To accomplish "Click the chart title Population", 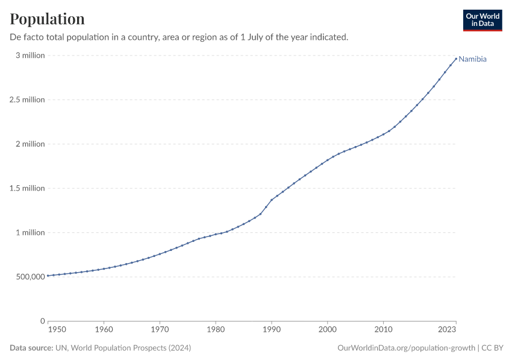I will [x=47, y=19].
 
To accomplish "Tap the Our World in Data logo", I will [x=482, y=20].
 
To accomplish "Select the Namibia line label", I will [x=472, y=59].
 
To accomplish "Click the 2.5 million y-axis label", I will [x=27, y=100].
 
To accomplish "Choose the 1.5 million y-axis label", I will [x=27, y=188].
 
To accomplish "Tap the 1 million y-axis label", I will [x=30, y=232].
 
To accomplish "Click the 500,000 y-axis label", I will [x=28, y=277].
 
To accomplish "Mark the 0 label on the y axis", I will [x=43, y=321].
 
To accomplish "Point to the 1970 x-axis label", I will [x=160, y=329].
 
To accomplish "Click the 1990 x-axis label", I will [x=272, y=329].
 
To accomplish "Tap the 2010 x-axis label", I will [x=383, y=329].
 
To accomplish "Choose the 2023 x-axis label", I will [x=448, y=329].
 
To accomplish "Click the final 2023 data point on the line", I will [x=456, y=59].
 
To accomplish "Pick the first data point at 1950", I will [x=48, y=276].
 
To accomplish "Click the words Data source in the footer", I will [x=31, y=348].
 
